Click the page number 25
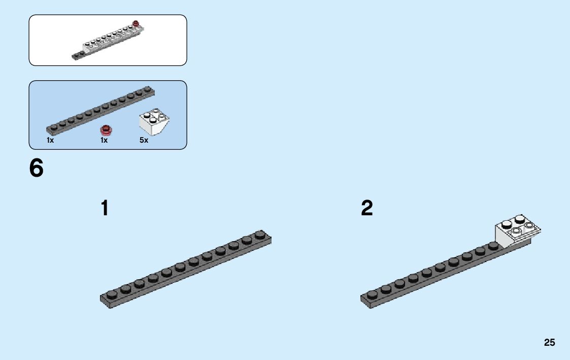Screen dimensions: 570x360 pos(549,343)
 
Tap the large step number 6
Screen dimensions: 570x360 pos(37,169)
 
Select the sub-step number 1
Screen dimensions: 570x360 pos(105,208)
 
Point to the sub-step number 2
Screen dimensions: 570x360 pos(366,208)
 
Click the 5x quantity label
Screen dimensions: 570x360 pos(144,140)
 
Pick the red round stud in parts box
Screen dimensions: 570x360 pos(106,129)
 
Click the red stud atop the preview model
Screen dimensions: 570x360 pos(136,23)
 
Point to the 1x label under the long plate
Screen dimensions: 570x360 pos(50,140)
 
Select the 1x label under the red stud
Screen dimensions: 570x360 pos(104,140)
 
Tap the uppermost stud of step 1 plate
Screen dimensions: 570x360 pos(260,234)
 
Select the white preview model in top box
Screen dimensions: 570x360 pos(109,41)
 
